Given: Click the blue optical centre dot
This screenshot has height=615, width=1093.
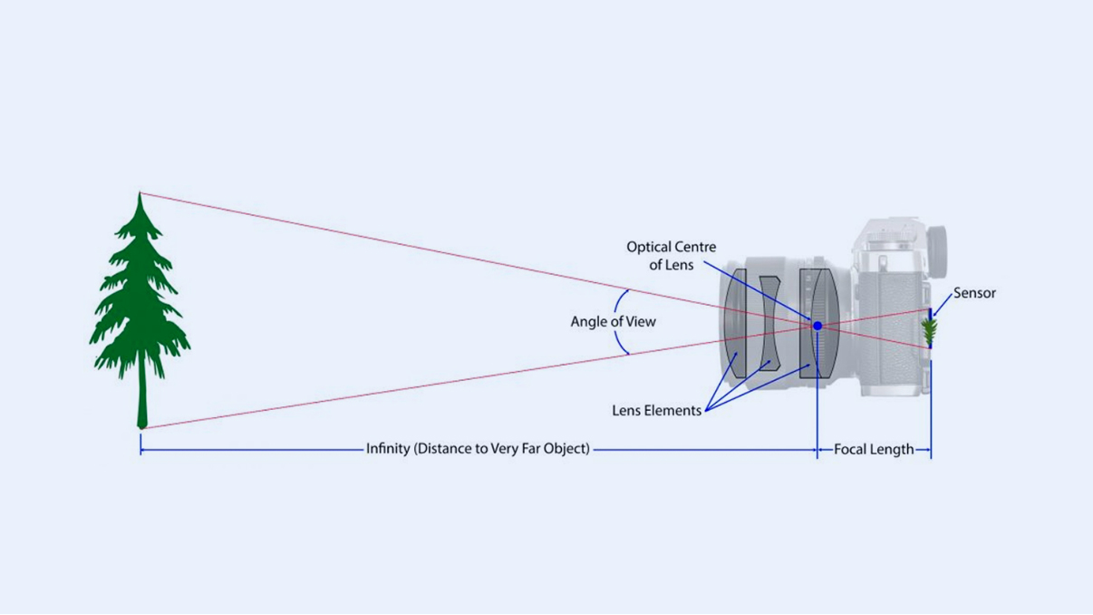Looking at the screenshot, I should click(817, 326).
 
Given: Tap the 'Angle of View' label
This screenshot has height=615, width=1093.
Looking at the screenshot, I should click(613, 322).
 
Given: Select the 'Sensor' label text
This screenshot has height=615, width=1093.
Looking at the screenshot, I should click(974, 293).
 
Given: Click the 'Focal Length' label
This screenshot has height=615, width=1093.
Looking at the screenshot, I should click(874, 449).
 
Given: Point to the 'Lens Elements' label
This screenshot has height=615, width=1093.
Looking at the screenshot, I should click(656, 411).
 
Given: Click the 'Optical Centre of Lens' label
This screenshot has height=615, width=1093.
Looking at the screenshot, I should click(671, 256).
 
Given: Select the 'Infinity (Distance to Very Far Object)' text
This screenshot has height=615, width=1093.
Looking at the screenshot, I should click(478, 449).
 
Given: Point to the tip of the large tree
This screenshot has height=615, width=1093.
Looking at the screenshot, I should click(140, 195).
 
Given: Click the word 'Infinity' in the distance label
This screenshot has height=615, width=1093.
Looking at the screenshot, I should click(388, 449).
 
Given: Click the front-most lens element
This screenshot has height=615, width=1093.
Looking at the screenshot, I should click(738, 323).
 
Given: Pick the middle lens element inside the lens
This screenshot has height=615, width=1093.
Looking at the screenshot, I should click(769, 322).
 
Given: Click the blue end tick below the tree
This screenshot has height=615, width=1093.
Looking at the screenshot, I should click(140, 444).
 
